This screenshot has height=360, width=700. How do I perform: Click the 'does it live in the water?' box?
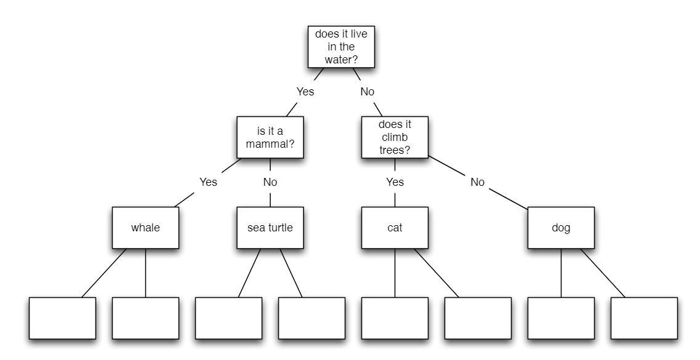(x=340, y=47)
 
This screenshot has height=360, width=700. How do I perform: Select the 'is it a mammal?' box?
(x=270, y=137)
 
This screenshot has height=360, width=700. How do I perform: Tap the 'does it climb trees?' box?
(x=394, y=137)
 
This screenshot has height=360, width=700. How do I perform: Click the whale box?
(x=145, y=228)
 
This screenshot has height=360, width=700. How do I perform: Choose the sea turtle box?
(x=270, y=228)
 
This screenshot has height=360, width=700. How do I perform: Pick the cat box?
(x=394, y=228)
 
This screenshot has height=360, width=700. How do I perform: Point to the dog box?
(x=560, y=228)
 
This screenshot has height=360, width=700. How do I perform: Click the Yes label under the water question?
(x=305, y=92)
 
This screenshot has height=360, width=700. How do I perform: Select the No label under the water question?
(x=367, y=92)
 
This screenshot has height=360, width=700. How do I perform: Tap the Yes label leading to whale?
(x=208, y=182)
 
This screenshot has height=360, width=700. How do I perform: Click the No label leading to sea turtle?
(x=270, y=182)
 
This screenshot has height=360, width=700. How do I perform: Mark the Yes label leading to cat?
(x=395, y=182)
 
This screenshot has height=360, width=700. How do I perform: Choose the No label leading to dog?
(x=477, y=182)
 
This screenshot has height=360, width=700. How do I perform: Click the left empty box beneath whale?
(x=62, y=318)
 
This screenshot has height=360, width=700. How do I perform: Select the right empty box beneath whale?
(x=145, y=318)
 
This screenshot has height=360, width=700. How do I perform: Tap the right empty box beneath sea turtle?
(x=311, y=318)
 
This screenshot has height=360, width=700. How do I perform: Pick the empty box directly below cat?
(x=394, y=318)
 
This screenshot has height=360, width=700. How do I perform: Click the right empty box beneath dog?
(x=643, y=318)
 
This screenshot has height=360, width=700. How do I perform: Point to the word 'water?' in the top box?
(x=341, y=60)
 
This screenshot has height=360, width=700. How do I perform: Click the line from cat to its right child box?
(x=436, y=273)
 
